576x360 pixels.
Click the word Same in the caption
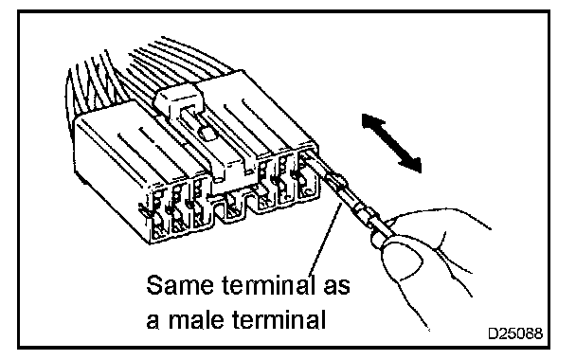click(x=180, y=285)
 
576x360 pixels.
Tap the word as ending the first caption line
click(x=336, y=286)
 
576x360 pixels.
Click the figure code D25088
click(x=515, y=333)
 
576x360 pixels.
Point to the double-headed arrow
click(x=391, y=142)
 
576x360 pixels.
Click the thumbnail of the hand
click(x=404, y=260)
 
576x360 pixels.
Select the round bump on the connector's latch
click(x=207, y=134)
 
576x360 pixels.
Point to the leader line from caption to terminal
click(x=325, y=242)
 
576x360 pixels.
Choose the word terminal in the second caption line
click(x=279, y=320)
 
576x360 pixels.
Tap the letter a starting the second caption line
click(x=153, y=322)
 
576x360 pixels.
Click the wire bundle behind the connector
click(x=147, y=74)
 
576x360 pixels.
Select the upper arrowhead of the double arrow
click(x=371, y=122)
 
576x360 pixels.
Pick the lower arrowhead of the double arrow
click(x=411, y=164)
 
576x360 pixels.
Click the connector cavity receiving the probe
click(x=308, y=172)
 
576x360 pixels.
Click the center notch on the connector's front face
click(x=232, y=206)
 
